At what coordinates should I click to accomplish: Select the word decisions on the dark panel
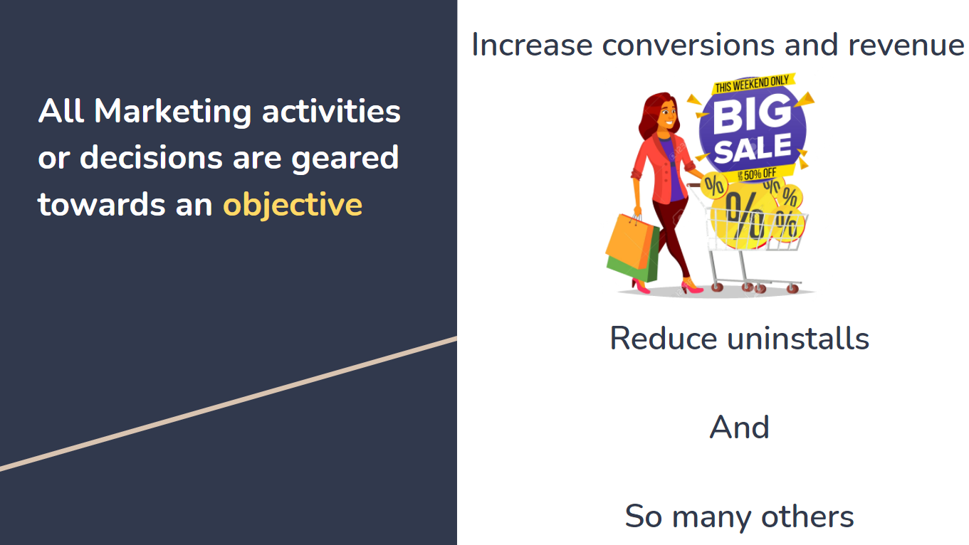click(152, 157)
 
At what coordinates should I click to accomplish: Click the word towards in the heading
click(102, 204)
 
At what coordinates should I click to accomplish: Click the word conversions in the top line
click(688, 45)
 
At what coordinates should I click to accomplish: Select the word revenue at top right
click(906, 46)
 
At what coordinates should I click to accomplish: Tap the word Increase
click(532, 45)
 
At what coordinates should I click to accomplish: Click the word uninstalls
click(797, 339)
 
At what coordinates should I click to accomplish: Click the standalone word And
click(739, 428)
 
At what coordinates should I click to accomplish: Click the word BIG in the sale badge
click(751, 114)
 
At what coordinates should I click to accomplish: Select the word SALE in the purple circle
click(753, 148)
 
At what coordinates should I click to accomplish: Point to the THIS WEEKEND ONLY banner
click(753, 83)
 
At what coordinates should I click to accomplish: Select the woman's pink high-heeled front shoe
click(692, 286)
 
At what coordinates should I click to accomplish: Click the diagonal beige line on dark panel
click(229, 403)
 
